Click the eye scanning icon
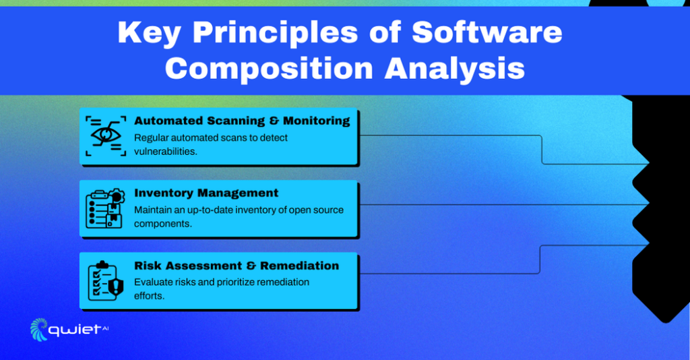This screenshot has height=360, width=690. pos(106,136)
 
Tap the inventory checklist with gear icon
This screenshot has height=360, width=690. pos(104,208)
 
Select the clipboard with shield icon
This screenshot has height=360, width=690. pos(105,280)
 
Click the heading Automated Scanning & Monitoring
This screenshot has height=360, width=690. pos(242,121)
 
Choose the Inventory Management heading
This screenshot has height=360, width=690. pos(206,193)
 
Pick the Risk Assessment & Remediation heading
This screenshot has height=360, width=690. pos(237,266)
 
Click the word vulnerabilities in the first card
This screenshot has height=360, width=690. pos(165,152)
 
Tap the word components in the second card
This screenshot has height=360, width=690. pos(162,224)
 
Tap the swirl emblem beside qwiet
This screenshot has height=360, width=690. pos(40,330)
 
